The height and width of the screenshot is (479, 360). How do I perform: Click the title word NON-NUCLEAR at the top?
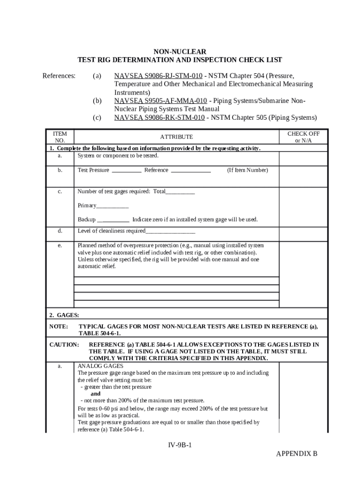[180, 51]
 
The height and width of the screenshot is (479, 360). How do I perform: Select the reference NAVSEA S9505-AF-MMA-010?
[161, 101]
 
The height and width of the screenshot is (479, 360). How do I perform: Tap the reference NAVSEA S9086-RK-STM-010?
[159, 117]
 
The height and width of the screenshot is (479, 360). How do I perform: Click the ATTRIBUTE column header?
[176, 137]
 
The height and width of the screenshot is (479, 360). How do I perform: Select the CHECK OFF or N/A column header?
[303, 137]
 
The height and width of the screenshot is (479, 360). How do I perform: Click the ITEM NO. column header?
[60, 137]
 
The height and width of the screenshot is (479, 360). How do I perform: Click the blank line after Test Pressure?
[127, 171]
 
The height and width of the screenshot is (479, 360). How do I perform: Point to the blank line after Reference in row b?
[191, 171]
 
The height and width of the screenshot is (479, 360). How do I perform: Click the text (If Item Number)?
[247, 170]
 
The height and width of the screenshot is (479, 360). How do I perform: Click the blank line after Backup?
[113, 220]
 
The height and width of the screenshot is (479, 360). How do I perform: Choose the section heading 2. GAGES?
[65, 315]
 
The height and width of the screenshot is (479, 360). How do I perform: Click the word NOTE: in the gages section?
[59, 327]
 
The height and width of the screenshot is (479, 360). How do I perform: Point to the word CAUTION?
[64, 345]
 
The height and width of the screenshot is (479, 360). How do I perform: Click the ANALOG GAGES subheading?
[100, 366]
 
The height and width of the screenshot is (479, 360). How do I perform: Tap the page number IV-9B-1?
[180, 445]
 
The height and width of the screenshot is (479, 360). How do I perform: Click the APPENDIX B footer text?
[296, 454]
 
